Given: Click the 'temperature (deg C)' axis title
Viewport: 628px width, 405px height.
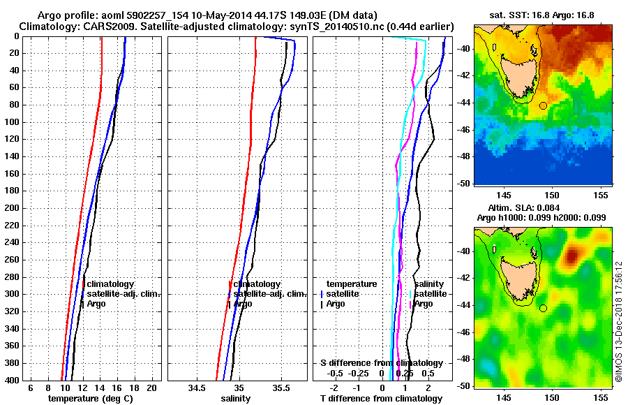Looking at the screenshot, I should coord(90,399).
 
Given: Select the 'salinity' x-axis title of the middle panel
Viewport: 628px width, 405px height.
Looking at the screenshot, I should coord(235,399).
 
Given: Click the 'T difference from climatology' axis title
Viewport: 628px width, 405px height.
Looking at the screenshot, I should coord(381,399).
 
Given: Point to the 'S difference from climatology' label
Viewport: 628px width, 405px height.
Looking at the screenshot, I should coord(381,363).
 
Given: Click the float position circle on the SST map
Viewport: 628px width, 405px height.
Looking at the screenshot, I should coord(543,106).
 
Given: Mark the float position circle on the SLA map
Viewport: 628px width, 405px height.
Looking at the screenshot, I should coord(543,308).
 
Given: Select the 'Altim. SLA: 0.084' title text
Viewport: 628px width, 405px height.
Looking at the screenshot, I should coord(543,207).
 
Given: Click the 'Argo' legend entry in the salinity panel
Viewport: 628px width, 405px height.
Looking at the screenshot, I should coord(243,304).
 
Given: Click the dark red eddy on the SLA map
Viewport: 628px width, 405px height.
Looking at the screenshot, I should coord(572,256).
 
